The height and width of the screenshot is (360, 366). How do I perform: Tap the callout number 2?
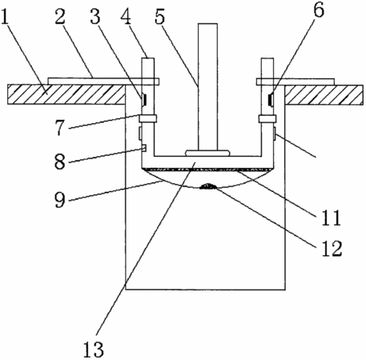coord(60,14)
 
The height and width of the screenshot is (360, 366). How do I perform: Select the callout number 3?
coord(95,16)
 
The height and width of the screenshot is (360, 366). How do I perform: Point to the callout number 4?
coord(125,16)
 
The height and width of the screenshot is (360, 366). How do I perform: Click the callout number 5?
coord(160,16)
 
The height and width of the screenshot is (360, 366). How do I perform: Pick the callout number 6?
coord(318,10)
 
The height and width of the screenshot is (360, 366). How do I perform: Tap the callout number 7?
coord(61,127)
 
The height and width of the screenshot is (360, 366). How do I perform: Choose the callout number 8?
coord(60,161)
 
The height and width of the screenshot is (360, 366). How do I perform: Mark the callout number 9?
coord(60,200)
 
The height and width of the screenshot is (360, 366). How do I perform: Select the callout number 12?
coord(332,248)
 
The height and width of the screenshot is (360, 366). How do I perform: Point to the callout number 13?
coord(93,350)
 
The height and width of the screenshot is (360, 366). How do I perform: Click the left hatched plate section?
coord(66,94)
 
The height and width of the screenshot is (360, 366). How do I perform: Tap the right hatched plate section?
coord(324,94)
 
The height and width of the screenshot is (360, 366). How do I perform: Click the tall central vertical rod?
coord(207,86)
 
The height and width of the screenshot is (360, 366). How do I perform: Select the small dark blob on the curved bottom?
coord(207,186)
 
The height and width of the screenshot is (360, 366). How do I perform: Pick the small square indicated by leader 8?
coord(144,148)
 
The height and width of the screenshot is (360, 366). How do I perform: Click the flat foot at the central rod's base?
coord(207,153)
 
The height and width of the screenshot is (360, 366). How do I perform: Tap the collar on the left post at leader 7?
coord(147,118)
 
